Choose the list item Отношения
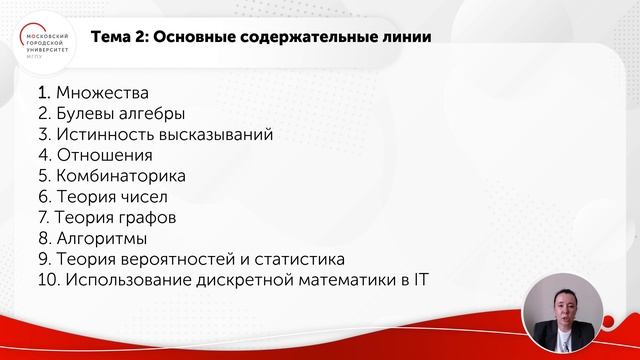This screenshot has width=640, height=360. pos(105,155)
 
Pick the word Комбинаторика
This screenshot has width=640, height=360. pos(121,176)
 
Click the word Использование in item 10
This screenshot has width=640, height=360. pos(126,279)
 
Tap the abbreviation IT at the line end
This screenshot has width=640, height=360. pos(421,279)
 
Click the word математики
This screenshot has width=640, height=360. pos(341,279)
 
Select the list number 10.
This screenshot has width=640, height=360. pos(47,279)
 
